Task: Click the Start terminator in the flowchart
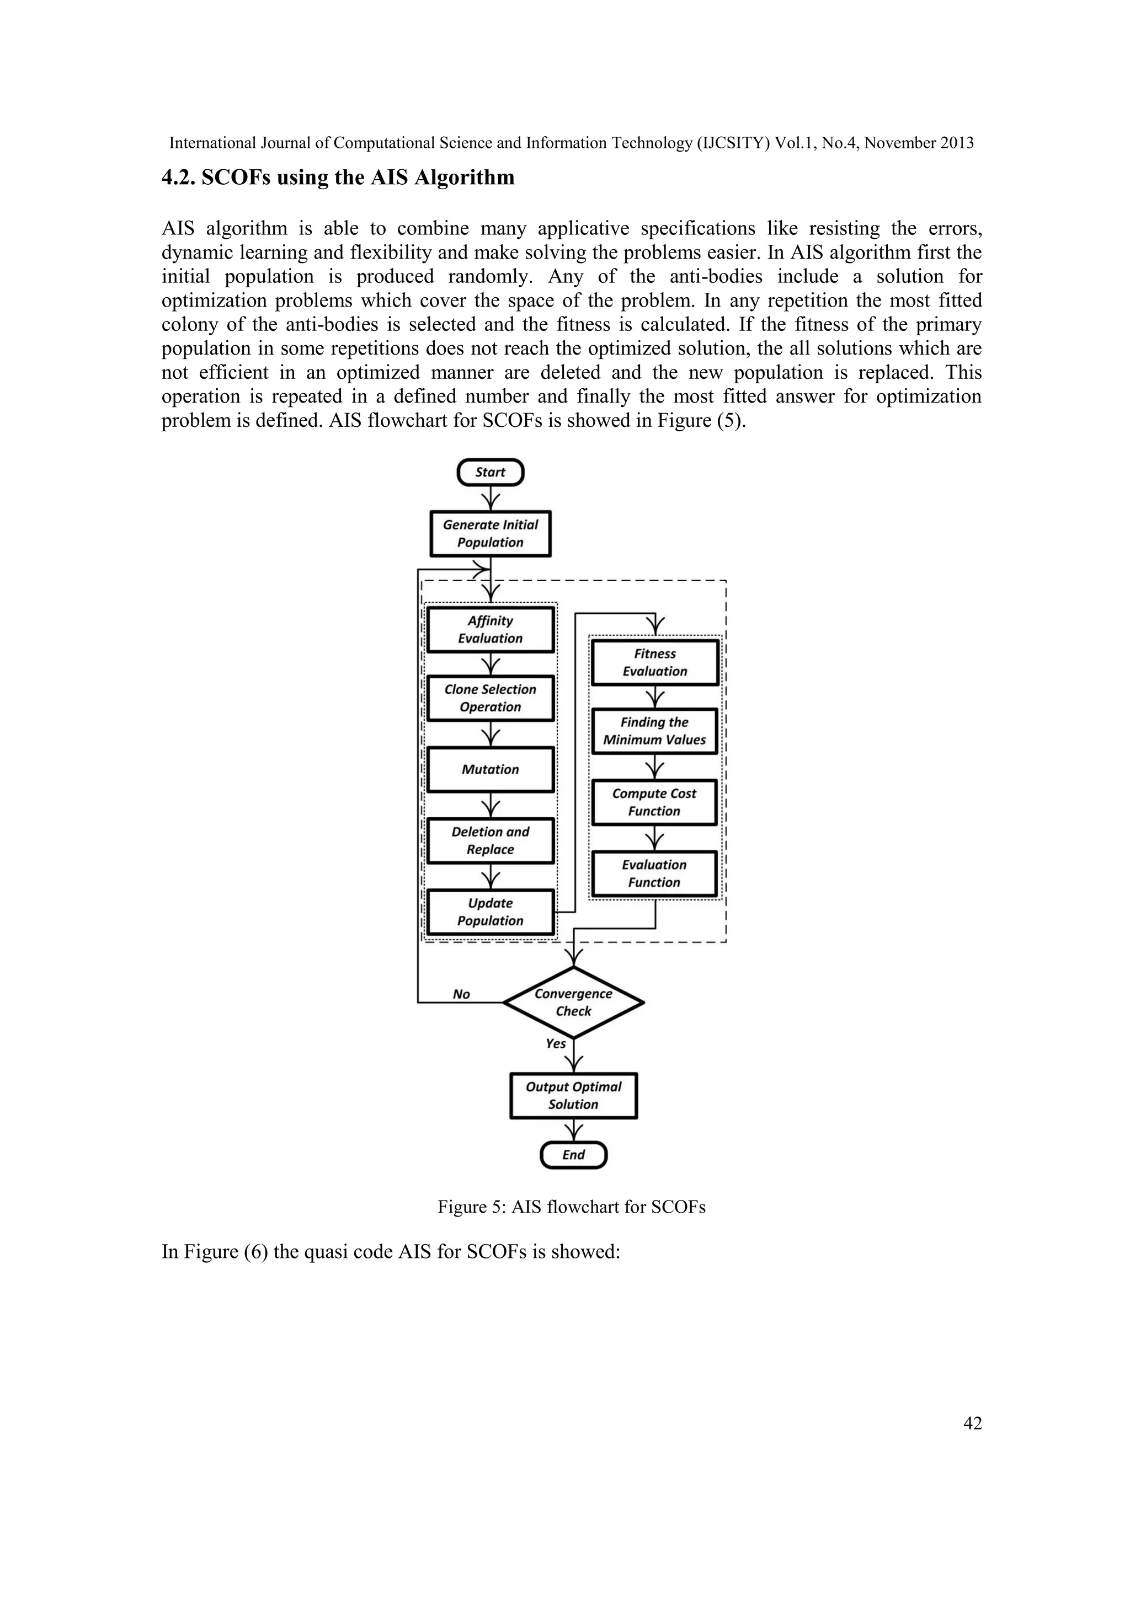490,472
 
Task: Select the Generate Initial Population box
490,533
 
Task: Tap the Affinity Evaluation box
490,629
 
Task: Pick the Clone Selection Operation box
490,698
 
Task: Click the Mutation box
490,769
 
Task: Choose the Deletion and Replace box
490,840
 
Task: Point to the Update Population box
490,912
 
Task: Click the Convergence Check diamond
573,1003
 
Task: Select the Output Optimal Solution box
573,1096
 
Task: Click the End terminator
573,1155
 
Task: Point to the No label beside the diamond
461,995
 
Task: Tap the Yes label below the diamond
555,1043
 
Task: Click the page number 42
972,1424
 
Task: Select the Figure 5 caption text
571,1207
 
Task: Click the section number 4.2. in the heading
179,178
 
